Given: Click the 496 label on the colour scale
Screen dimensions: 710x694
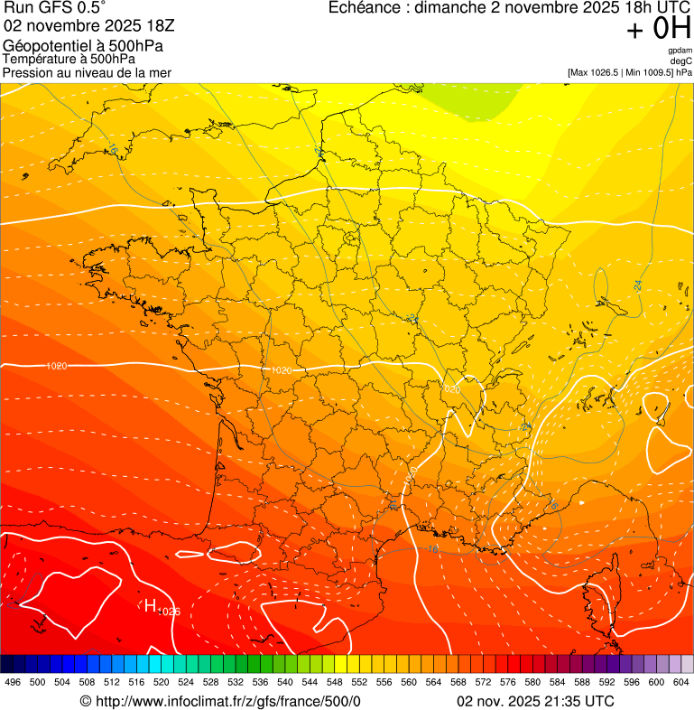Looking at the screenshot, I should click(x=13, y=682).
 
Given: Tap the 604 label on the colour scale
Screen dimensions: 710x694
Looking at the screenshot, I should click(x=682, y=682).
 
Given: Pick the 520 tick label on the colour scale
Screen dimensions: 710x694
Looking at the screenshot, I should click(x=162, y=682).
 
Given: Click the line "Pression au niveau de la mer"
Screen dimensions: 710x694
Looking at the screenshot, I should click(x=87, y=72).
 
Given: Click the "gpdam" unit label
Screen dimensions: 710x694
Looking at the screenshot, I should click(x=680, y=51).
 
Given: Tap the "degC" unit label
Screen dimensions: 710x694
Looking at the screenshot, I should click(x=681, y=61).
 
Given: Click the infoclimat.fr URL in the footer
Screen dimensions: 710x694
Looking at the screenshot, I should click(x=220, y=702).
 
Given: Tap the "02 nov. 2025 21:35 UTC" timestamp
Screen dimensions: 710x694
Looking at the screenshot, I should click(x=536, y=702).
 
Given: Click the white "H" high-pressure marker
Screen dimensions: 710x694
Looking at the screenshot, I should click(x=151, y=605).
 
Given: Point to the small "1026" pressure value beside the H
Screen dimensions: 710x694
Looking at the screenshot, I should click(x=169, y=612).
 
